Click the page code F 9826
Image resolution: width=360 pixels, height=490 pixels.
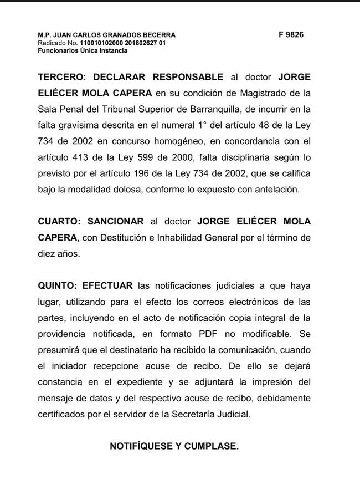pos(291,34)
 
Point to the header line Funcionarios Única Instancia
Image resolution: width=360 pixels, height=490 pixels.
pos(83,50)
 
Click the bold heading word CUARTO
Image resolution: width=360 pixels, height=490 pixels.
pos(59,221)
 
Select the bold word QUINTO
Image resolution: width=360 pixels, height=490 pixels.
pos(58,286)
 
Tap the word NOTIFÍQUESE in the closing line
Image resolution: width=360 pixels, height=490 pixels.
pos(142,445)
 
